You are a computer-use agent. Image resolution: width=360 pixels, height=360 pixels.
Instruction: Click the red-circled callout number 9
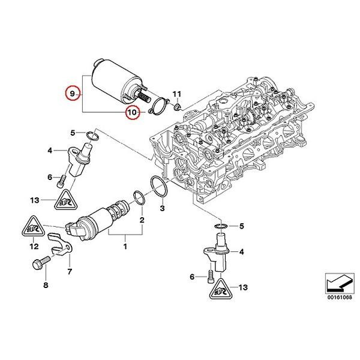coord(72,95)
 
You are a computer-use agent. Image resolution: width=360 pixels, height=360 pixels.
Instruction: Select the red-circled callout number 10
coord(131,112)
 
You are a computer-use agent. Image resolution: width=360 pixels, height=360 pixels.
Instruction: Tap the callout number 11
coord(176,95)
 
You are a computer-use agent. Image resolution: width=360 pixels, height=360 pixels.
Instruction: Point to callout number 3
coord(162,208)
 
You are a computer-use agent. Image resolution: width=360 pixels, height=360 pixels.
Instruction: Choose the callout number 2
coord(142,221)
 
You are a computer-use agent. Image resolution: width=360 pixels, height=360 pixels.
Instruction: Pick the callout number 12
coord(34,246)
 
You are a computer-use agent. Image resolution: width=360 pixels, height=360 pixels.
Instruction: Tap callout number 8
coord(45,285)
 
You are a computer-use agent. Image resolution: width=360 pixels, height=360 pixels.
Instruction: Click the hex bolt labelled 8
coord(38,263)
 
